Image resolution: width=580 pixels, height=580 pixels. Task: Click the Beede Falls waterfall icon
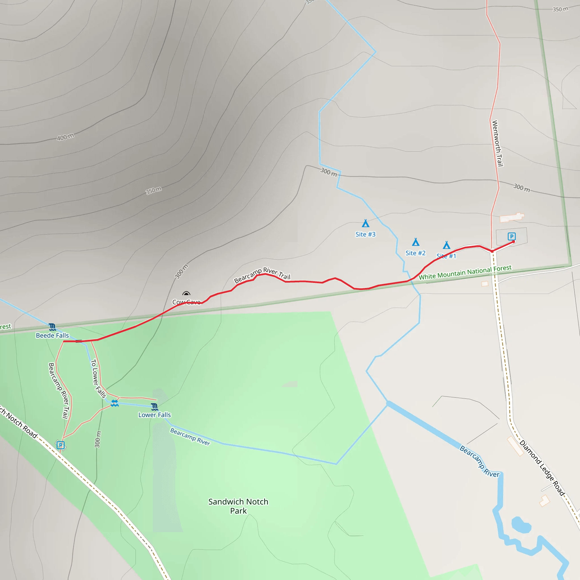click(52, 327)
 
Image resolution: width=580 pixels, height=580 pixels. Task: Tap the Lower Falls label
click(154, 415)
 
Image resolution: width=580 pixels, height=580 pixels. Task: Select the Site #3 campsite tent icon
click(365, 223)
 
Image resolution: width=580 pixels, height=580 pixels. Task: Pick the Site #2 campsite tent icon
click(415, 242)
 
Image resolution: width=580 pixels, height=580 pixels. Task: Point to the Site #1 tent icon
click(446, 245)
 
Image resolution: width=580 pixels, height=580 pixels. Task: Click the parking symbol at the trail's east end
click(511, 236)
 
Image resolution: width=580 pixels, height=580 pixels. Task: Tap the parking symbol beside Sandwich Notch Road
click(60, 445)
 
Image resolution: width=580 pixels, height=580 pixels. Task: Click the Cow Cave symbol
click(186, 294)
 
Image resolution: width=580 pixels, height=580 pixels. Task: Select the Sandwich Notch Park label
click(238, 506)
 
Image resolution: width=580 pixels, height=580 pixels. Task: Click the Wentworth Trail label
click(497, 143)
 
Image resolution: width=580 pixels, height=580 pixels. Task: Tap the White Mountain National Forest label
click(465, 272)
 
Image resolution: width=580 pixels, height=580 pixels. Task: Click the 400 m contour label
click(65, 137)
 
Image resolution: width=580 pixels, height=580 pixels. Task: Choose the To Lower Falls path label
click(98, 379)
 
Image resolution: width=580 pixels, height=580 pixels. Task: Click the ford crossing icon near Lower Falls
click(115, 403)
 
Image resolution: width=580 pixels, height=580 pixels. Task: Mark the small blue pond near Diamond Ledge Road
click(521, 525)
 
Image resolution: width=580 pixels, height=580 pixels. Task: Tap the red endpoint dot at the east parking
click(514, 242)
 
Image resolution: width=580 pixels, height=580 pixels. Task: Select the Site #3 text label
click(365, 234)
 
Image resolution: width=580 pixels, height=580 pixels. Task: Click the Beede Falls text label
click(52, 336)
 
